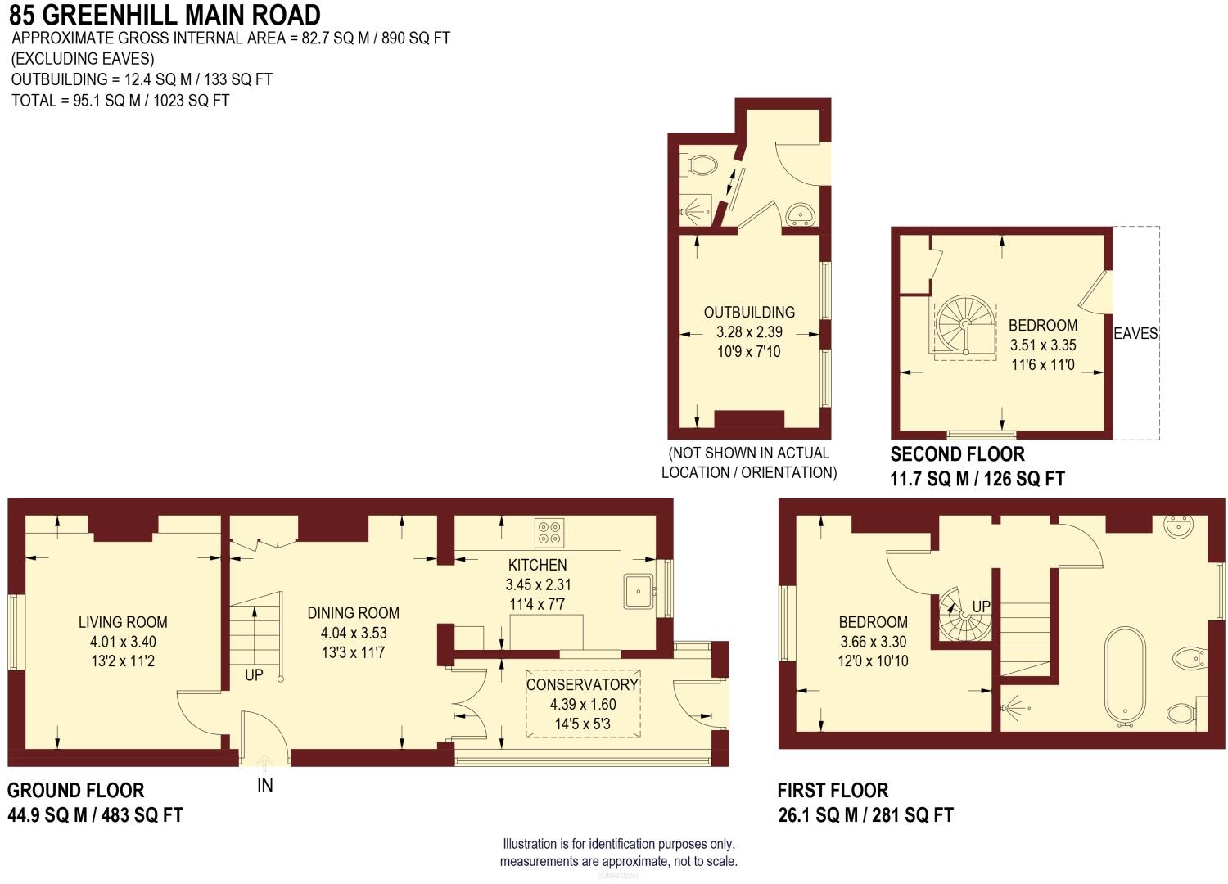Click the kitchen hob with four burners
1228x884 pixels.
(x=549, y=533)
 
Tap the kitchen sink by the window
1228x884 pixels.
(x=639, y=591)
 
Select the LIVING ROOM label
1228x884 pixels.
(x=123, y=622)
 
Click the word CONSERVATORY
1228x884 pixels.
(x=582, y=684)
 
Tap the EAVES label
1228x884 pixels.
(x=1135, y=334)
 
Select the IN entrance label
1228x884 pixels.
(x=265, y=786)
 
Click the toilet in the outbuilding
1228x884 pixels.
(x=701, y=164)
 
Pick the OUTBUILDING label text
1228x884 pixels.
(x=749, y=313)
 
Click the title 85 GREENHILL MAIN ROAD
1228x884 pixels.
(x=165, y=15)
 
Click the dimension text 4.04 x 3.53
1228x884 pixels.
(x=354, y=633)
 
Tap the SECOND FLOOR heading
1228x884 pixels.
(x=957, y=454)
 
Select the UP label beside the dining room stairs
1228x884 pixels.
(x=254, y=675)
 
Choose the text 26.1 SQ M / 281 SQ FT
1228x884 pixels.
(x=865, y=815)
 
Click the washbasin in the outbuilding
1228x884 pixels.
(x=799, y=214)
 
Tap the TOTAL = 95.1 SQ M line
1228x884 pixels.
(x=120, y=101)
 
